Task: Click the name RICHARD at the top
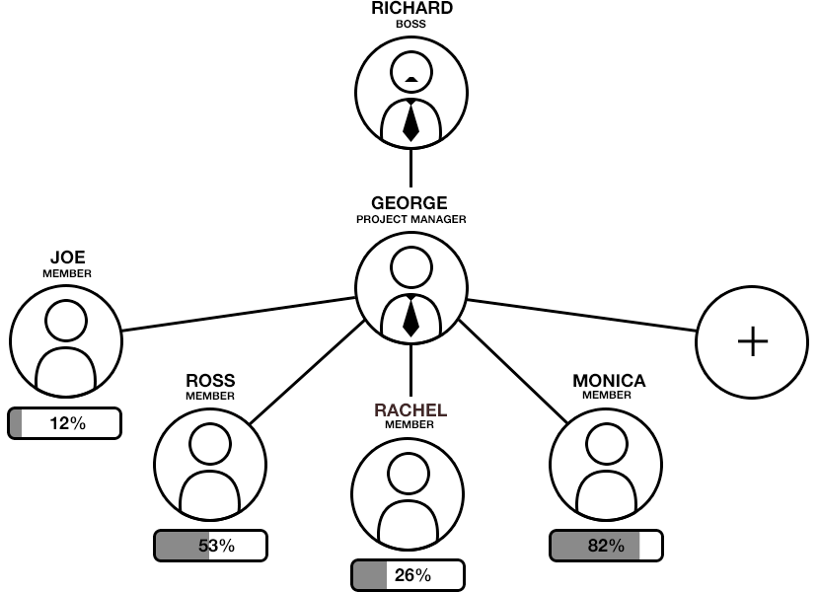411,8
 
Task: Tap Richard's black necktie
410,120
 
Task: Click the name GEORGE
409,204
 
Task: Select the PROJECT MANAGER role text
410,219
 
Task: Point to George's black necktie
410,315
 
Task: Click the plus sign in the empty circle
753,341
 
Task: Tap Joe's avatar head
65,320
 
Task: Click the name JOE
67,259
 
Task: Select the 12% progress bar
65,423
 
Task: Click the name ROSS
211,381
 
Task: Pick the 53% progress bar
211,546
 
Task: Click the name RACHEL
410,409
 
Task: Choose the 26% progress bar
408,575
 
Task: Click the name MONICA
609,381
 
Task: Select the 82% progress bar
606,546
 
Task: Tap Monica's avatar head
606,445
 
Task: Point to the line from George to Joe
237,314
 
